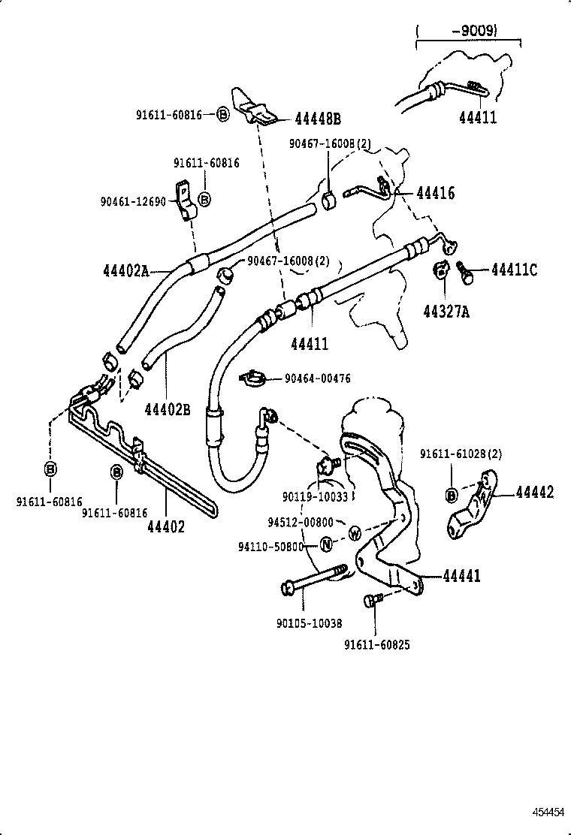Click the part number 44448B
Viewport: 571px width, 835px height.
click(x=318, y=119)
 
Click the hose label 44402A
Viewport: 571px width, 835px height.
click(x=126, y=270)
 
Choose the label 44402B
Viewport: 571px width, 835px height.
click(x=168, y=410)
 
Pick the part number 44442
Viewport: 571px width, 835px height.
click(x=534, y=493)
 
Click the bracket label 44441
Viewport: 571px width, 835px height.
click(x=461, y=576)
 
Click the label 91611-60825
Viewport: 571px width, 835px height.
click(x=377, y=644)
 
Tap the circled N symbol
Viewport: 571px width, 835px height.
click(x=326, y=545)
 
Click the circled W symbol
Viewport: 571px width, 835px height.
click(x=356, y=532)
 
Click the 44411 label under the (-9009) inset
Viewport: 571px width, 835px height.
click(x=478, y=118)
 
